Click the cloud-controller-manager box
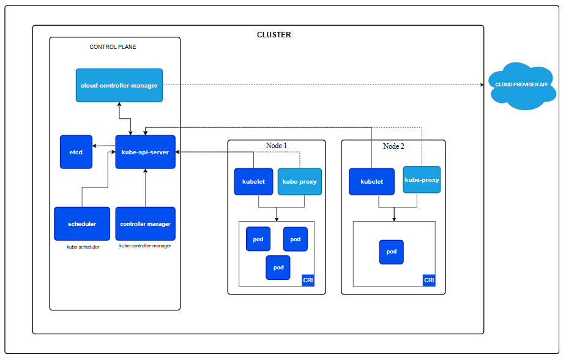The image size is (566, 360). click(x=119, y=86)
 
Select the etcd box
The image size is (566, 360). click(x=76, y=152)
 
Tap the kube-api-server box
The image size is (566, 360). click(x=145, y=152)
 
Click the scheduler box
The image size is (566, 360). click(x=82, y=223)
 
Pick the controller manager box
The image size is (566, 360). click(x=145, y=223)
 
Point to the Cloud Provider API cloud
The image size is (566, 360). click(x=522, y=86)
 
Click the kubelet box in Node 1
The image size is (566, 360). click(x=253, y=182)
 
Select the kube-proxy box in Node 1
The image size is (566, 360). click(x=299, y=182)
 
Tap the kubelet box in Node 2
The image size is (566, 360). click(x=371, y=182)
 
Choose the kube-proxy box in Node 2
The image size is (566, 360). click(x=422, y=180)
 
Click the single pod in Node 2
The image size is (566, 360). click(x=391, y=252)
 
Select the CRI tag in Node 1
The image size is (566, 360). click(x=308, y=280)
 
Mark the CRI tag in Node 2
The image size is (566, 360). click(x=429, y=280)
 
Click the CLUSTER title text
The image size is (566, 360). click(x=274, y=35)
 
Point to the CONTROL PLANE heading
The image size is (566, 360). click(x=113, y=47)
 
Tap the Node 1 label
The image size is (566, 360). click(x=276, y=146)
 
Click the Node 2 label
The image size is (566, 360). click(x=393, y=146)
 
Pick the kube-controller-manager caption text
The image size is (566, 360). click(x=145, y=246)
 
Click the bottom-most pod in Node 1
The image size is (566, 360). click(x=278, y=268)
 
